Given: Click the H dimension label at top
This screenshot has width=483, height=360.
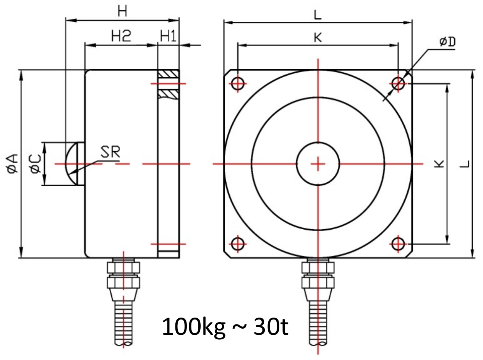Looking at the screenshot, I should pyautogui.click(x=122, y=12).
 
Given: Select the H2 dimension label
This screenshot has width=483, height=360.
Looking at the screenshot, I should pyautogui.click(x=121, y=36).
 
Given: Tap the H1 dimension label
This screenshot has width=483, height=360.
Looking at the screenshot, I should pyautogui.click(x=168, y=36).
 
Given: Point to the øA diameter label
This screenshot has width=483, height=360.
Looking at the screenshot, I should pyautogui.click(x=12, y=164).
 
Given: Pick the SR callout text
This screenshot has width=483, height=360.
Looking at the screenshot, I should pyautogui.click(x=110, y=152).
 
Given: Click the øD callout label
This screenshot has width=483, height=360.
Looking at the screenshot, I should pyautogui.click(x=447, y=42).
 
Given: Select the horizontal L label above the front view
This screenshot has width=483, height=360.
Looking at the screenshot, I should pyautogui.click(x=318, y=15).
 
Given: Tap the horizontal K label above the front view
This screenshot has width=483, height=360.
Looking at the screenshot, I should pyautogui.click(x=318, y=37).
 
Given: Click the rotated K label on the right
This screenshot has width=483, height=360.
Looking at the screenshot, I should pyautogui.click(x=440, y=164).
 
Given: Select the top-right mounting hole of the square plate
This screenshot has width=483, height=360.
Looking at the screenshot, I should pyautogui.click(x=398, y=83).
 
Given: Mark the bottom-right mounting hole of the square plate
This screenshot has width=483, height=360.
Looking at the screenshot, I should pyautogui.click(x=398, y=243).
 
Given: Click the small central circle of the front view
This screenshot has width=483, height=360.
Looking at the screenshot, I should pyautogui.click(x=318, y=164).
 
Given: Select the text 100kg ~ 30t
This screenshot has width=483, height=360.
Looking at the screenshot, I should pyautogui.click(x=225, y=328).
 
